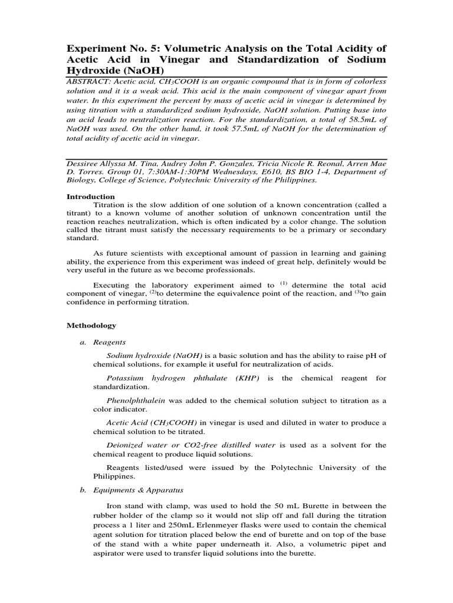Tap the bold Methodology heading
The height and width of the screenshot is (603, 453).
[x=90, y=325]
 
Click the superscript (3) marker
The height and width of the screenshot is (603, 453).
[x=357, y=293]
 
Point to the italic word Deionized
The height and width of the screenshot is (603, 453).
[x=128, y=445]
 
